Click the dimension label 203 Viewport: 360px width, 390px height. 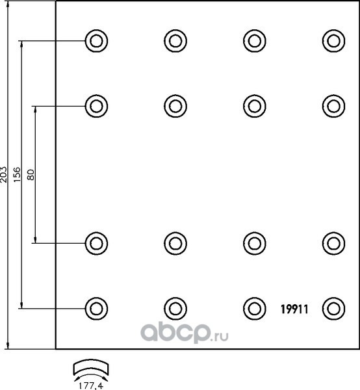[x=4, y=175]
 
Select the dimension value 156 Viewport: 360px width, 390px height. [x=17, y=175]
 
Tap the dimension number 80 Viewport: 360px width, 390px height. [x=31, y=175]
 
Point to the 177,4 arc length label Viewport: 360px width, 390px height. [x=91, y=385]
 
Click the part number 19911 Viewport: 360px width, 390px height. [x=294, y=309]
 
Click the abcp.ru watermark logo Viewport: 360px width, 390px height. [x=185, y=332]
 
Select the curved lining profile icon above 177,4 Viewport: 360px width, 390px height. [x=91, y=367]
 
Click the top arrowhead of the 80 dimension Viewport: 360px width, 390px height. [x=35, y=109]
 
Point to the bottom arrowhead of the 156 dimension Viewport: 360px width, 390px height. [x=21, y=305]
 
